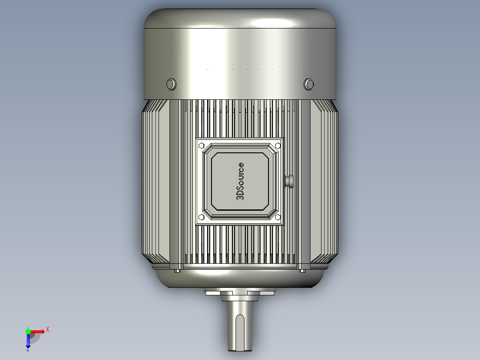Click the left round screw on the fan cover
tap(171, 84)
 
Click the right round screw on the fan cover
tap(309, 84)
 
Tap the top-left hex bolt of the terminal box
tap(201, 145)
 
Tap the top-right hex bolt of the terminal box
tap(278, 145)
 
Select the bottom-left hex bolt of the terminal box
tap(201, 217)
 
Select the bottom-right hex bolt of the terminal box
tap(278, 217)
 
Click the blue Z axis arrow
tap(28, 342)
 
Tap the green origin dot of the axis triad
tap(28, 331)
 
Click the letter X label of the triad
tap(48, 329)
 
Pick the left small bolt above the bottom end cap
tap(177, 270)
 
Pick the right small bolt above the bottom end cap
tap(302, 270)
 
